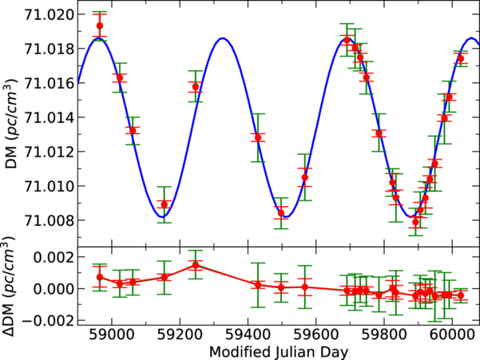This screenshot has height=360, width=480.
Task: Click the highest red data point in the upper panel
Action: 100,26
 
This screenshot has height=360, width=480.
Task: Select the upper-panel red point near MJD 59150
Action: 165,204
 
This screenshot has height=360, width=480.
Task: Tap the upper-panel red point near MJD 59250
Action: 196,86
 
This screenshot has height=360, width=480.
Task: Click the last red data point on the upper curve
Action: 460,58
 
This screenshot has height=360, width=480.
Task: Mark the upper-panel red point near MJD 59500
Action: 281,212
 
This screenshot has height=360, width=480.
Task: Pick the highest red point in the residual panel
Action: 196,264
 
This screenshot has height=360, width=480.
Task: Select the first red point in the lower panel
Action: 100,277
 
